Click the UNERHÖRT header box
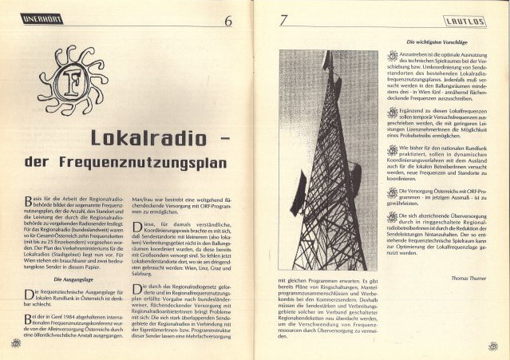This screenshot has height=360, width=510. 42,18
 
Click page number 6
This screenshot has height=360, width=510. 227,21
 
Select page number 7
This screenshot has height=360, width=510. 283,20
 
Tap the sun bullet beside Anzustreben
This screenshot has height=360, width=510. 392,57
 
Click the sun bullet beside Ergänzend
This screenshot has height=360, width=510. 392,113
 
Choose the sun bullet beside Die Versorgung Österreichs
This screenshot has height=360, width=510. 392,192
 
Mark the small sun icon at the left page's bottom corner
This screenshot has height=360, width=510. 15,343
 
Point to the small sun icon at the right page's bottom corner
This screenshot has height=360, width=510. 492,346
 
